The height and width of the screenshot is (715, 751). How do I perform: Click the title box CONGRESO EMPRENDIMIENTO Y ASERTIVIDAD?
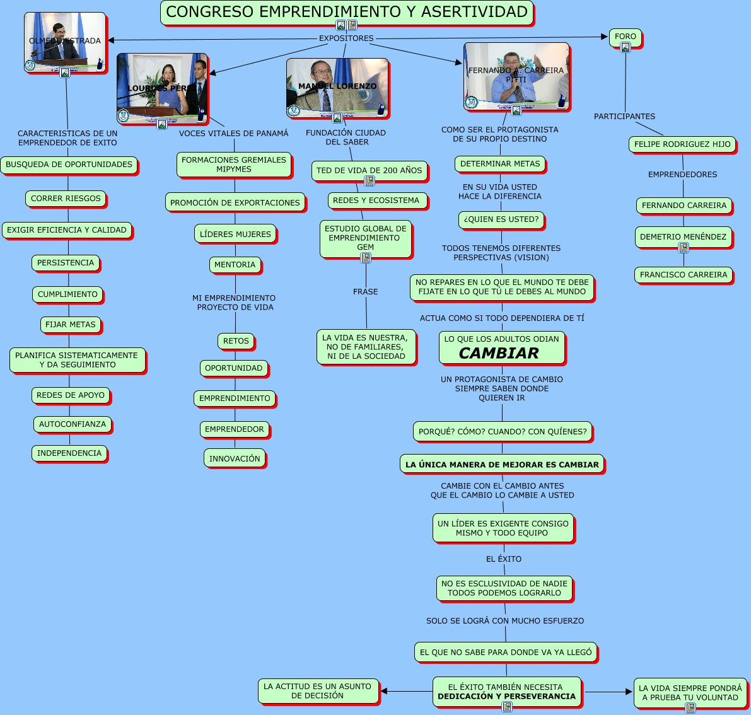pos(347,11)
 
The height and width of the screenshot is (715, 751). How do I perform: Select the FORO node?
pos(625,37)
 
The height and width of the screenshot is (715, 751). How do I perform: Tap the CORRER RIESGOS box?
pos(66,199)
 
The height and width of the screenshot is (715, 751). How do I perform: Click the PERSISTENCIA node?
pos(66,263)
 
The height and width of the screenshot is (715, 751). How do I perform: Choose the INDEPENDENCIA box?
pos(69,453)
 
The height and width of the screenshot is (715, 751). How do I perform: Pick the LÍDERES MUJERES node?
pos(235,234)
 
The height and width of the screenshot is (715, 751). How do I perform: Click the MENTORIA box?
pos(235,265)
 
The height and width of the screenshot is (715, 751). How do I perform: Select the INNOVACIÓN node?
pos(235,458)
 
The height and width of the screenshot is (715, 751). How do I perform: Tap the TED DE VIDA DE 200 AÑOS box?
pos(369,170)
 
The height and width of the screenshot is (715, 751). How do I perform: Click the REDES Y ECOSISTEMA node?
pos(376,201)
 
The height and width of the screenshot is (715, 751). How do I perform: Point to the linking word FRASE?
pos(366,292)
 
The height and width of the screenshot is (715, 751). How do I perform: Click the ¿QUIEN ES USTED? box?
pos(501,219)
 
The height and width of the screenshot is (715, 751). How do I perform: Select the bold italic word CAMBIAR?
pos(499,353)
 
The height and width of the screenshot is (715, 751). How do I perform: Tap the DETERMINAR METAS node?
pos(500,164)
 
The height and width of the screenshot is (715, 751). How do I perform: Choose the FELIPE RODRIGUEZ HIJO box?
pos(682,144)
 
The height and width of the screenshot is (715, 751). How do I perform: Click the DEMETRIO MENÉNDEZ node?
pos(683,237)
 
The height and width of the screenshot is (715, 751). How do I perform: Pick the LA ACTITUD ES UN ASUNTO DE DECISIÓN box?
pos(318,691)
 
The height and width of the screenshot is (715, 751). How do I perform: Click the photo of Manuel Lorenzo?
pos(337,88)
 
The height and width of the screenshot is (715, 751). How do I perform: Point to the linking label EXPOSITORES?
pos(346,38)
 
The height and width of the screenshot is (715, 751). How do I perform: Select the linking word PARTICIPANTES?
pos(624,117)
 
